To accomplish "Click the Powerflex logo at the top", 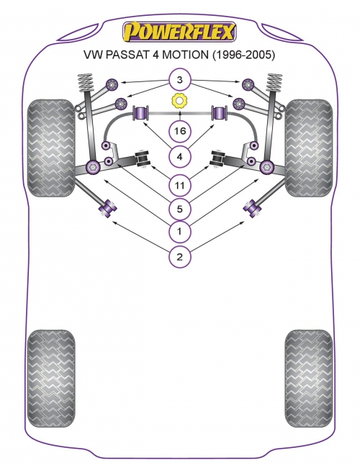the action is click(x=179, y=31).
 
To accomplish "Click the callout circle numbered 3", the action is click(x=179, y=80).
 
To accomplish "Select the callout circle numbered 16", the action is click(x=179, y=131).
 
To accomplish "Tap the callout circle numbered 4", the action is click(x=179, y=156).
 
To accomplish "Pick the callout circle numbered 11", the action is click(x=179, y=185).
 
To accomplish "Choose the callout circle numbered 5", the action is click(x=179, y=209).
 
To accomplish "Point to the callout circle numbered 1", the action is click(x=179, y=231).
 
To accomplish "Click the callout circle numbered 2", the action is click(x=179, y=256).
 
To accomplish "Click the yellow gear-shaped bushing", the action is click(x=180, y=101).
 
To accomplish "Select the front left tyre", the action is click(x=51, y=148).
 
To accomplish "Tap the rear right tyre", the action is click(x=309, y=379).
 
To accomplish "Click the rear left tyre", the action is click(x=51, y=379).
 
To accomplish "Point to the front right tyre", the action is click(x=309, y=148).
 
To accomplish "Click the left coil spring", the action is click(x=85, y=83).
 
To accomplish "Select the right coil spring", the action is click(x=274, y=82).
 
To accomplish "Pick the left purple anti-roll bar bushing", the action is click(x=141, y=113).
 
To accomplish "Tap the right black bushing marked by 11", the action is click(x=218, y=158).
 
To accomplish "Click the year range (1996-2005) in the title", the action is click(x=243, y=55).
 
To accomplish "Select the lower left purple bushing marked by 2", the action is click(x=107, y=209).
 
